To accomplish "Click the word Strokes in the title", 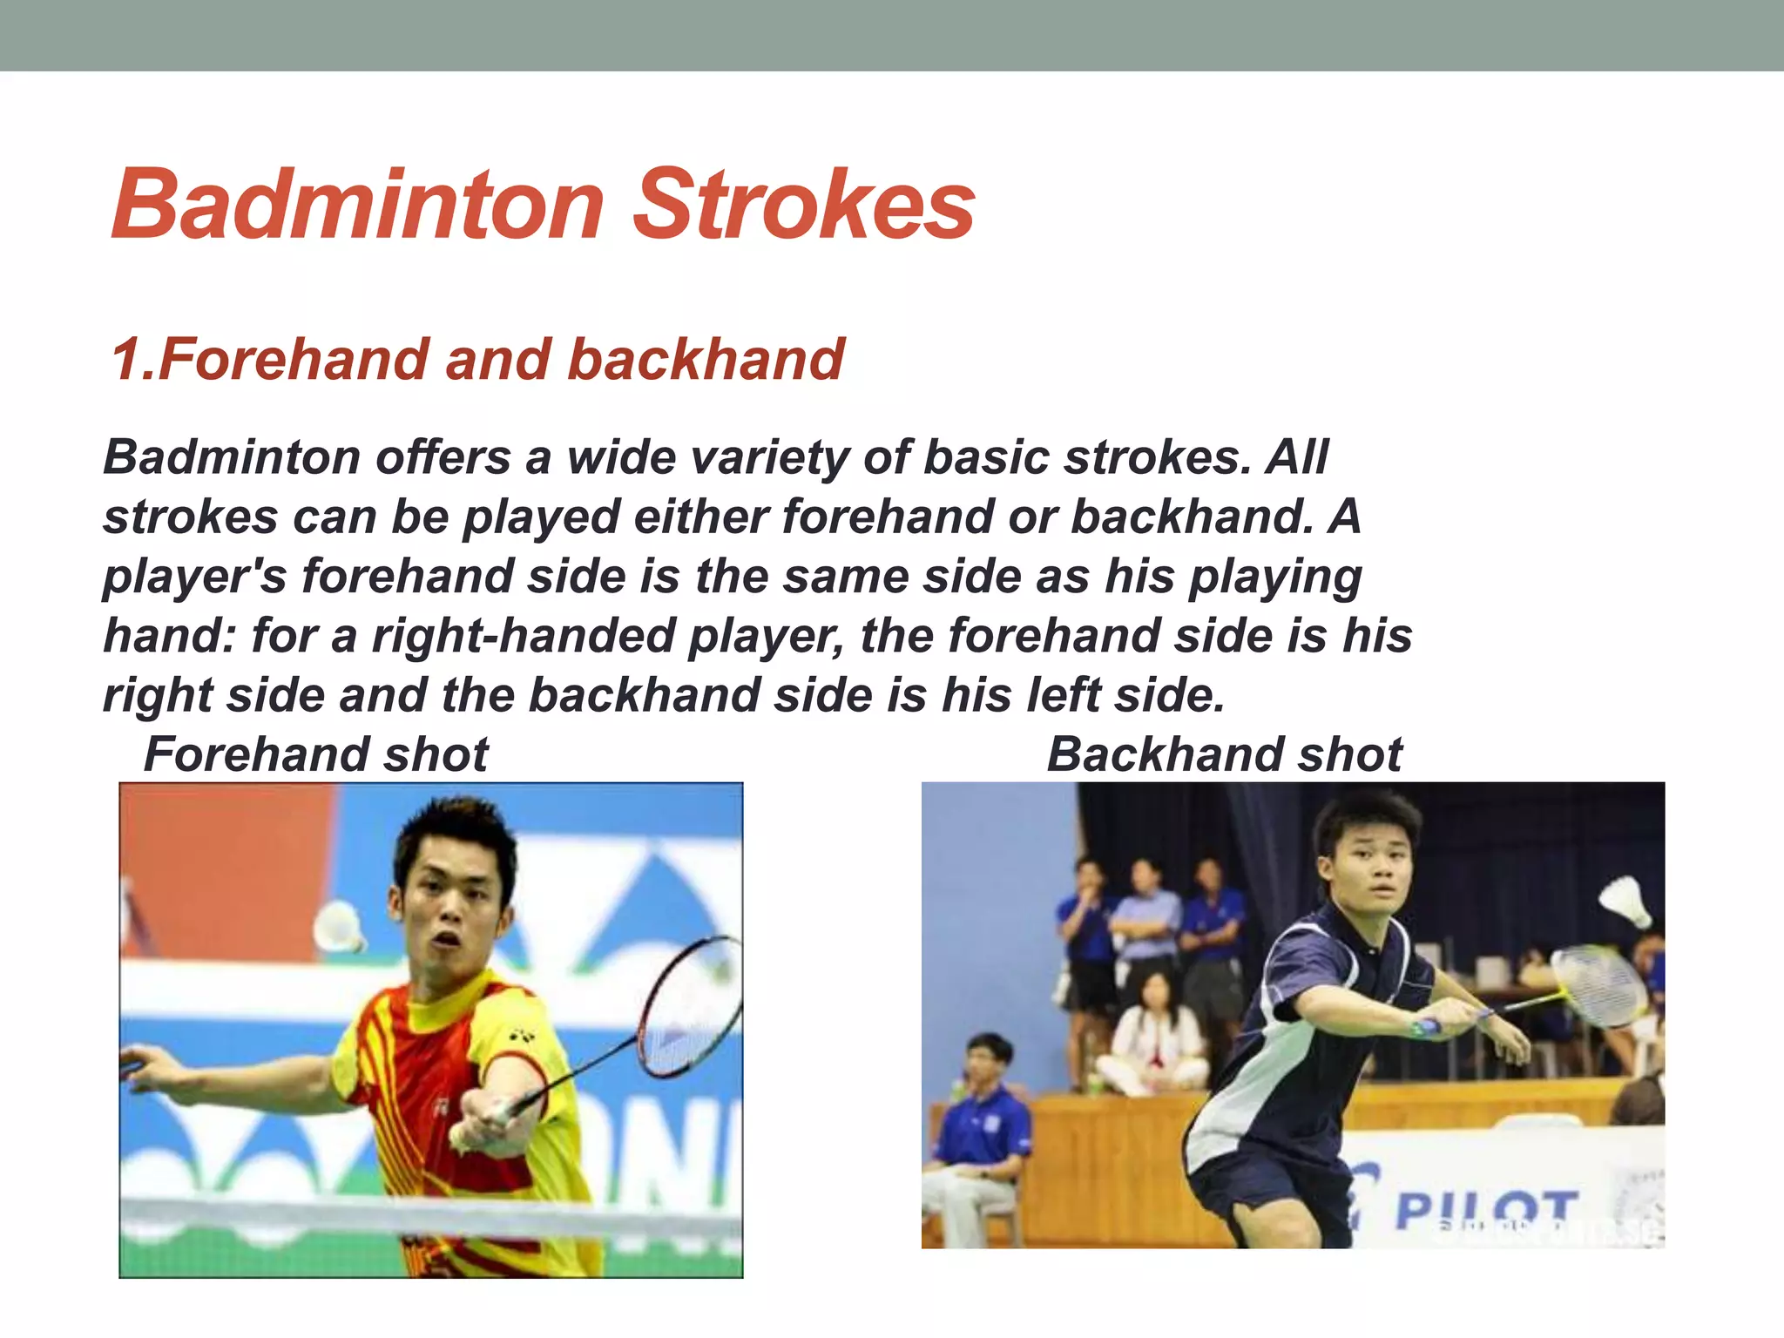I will coord(803,205).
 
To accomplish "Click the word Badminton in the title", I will coord(358,205).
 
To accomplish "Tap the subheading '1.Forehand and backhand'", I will coord(477,359).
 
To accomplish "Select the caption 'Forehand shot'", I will coord(315,753).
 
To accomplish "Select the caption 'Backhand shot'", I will coord(1224,753).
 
